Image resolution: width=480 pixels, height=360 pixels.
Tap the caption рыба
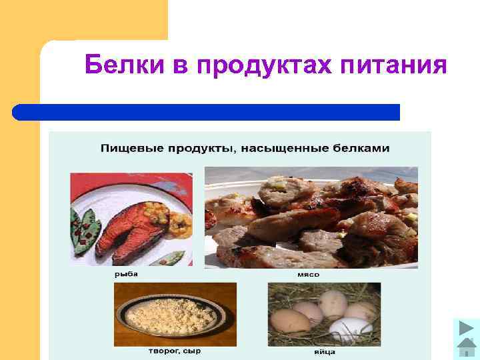(x=121, y=274)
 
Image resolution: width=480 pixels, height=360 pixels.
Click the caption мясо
(x=308, y=274)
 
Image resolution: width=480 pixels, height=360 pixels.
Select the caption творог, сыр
(x=174, y=351)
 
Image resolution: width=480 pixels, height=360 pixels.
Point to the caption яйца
(x=324, y=351)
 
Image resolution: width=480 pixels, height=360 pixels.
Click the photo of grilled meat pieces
(x=311, y=217)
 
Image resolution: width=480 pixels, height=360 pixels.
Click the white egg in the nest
(x=351, y=328)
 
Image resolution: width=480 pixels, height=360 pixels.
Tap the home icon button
(x=465, y=349)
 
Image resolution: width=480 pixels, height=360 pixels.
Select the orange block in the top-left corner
(x=83, y=20)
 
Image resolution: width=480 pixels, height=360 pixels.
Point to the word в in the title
(x=180, y=67)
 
